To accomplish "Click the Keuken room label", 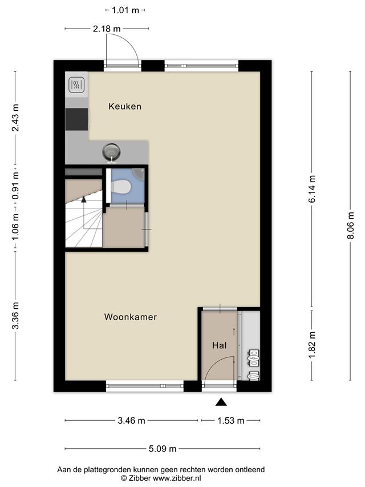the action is click(x=125, y=107).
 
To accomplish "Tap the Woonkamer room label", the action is click(x=131, y=317).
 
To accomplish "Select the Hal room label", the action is click(x=220, y=345).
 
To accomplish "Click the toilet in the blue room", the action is click(x=121, y=186).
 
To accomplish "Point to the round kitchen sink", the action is click(x=111, y=152).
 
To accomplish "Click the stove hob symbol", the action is click(x=76, y=84).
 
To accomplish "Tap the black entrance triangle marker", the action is click(x=221, y=401).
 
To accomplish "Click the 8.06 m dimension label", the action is click(x=350, y=226).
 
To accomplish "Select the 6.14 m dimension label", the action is click(x=312, y=189).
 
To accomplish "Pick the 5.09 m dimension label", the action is click(x=163, y=449).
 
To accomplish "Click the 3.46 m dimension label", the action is click(x=132, y=421).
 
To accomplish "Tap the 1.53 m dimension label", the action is click(x=231, y=421).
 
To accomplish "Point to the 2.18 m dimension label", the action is click(x=107, y=29).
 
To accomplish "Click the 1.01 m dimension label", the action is click(x=125, y=10).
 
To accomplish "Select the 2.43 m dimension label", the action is click(x=15, y=118).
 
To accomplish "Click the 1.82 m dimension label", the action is click(x=312, y=345).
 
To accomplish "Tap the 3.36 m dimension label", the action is click(x=15, y=316).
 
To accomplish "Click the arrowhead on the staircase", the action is click(x=83, y=199).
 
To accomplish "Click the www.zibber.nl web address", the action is click(x=177, y=478).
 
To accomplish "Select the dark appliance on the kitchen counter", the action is click(x=76, y=119).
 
